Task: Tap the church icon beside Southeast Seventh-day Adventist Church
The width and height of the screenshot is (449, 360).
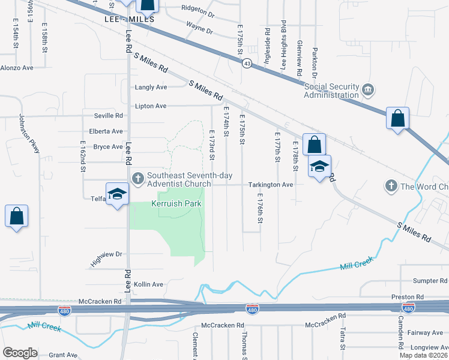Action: point(137,178)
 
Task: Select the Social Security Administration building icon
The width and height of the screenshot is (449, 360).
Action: point(368,91)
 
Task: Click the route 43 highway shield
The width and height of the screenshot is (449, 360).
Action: point(247,63)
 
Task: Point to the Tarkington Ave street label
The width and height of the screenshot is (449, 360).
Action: point(271,185)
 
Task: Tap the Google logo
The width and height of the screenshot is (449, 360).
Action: point(20,353)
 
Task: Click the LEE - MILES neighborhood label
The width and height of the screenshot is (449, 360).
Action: point(130,19)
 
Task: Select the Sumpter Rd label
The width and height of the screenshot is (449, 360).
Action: point(431,281)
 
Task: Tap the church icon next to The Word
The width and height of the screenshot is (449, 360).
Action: point(391,186)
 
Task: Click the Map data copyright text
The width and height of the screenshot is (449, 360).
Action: point(423,355)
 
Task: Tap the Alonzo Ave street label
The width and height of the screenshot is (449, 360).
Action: point(17,68)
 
